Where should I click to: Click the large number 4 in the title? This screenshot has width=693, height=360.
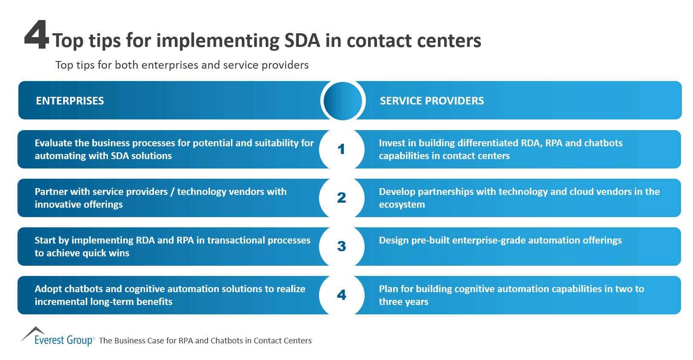pyautogui.click(x=37, y=36)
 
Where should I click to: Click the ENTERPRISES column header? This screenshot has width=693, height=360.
pyautogui.click(x=70, y=101)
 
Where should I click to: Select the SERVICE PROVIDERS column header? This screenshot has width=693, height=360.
pyautogui.click(x=432, y=101)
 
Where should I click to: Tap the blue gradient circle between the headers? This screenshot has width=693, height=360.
pyautogui.click(x=342, y=101)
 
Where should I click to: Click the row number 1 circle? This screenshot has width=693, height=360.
pyautogui.click(x=341, y=149)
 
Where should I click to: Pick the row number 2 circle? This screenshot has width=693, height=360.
pyautogui.click(x=341, y=198)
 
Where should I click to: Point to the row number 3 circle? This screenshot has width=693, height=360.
pyautogui.click(x=341, y=247)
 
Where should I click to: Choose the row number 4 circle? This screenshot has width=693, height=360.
pyautogui.click(x=341, y=295)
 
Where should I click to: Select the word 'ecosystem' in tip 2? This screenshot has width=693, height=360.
pyautogui.click(x=402, y=205)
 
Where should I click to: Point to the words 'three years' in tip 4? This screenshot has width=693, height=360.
pyautogui.click(x=403, y=302)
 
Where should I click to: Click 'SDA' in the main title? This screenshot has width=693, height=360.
pyautogui.click(x=302, y=41)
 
